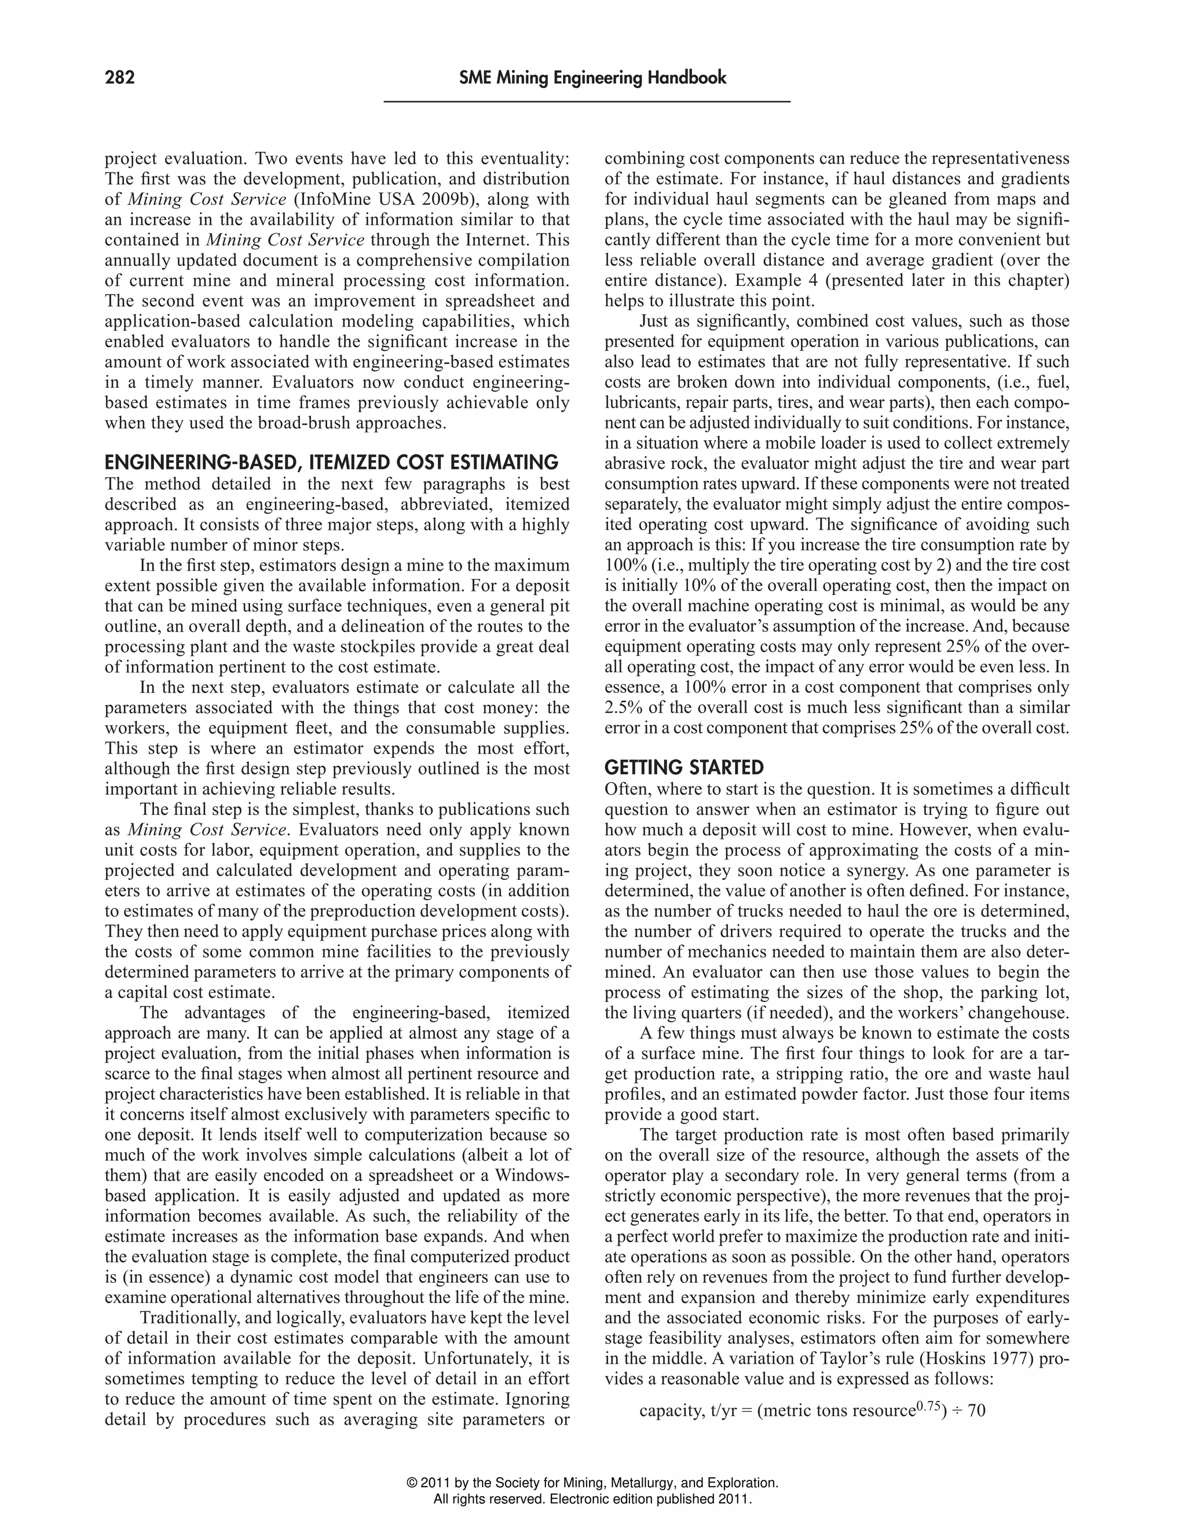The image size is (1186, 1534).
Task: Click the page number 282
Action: coord(119,77)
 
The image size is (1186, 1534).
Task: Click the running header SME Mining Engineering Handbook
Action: coord(592,77)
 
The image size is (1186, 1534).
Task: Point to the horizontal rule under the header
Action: coord(587,102)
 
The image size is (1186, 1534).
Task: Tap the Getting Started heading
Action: coord(684,766)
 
